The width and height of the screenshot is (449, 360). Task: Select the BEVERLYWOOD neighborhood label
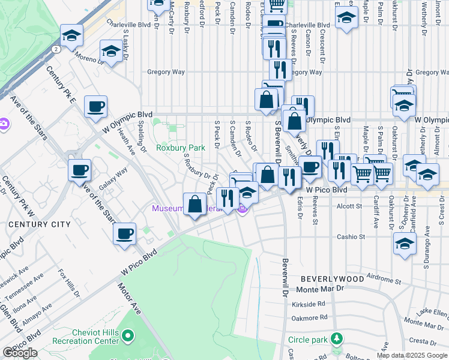coord(332,279)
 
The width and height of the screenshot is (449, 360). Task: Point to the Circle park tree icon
coord(337,340)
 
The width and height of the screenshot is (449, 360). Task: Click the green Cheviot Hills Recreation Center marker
coord(127,335)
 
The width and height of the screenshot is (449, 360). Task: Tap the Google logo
coord(20,353)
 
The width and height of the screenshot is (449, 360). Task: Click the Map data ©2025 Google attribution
coord(411,355)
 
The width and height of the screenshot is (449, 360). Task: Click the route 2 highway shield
coord(55,48)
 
